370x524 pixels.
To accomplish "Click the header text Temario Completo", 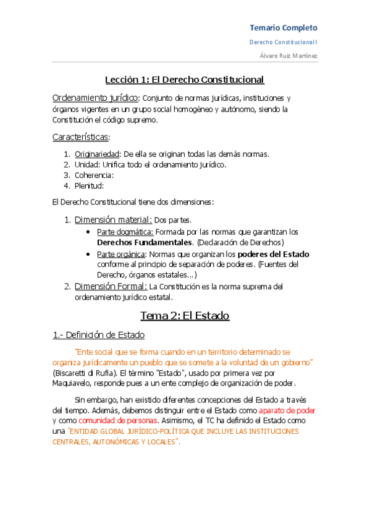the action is point(283,28).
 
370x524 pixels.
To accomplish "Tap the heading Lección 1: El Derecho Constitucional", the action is point(184,79).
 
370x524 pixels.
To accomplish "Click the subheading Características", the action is point(80,136).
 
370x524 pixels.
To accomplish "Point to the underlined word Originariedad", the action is point(97,154).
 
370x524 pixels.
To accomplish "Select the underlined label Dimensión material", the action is point(112,219).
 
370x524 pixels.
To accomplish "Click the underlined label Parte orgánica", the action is point(123,254).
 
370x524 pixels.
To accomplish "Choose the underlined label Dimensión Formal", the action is point(110,286).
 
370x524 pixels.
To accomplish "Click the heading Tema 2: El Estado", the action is point(185,316).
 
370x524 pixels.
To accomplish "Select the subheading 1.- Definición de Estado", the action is point(99,335).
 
